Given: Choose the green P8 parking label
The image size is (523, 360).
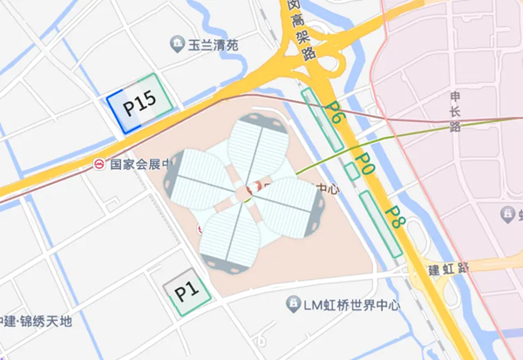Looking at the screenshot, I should [x=397, y=216].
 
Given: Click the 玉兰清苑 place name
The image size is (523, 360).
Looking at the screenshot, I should [x=214, y=44].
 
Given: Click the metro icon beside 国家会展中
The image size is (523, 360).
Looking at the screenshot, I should [x=100, y=164].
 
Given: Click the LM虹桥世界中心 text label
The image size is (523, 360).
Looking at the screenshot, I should [x=351, y=304].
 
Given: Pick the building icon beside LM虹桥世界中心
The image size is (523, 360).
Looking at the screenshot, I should [x=293, y=304].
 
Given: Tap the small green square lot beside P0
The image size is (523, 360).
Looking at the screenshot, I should [x=351, y=171].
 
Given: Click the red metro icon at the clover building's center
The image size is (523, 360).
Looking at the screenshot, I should [x=254, y=187].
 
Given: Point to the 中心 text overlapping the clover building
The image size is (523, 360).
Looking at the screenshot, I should [x=325, y=188].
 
